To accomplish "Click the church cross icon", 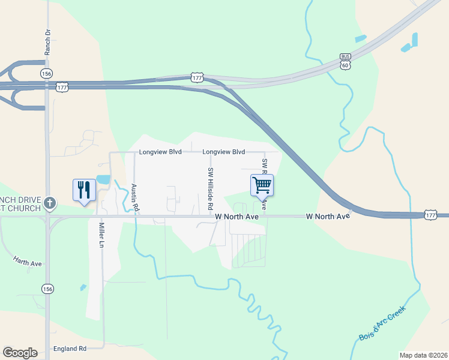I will [x=50, y=204].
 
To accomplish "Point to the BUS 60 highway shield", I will [x=345, y=61].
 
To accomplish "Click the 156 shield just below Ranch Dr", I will [x=46, y=73].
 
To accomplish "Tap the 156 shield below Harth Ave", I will [x=47, y=289].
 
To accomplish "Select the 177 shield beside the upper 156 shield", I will [x=62, y=87].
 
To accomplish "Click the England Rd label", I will [x=70, y=348].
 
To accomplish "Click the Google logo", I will [x=20, y=353].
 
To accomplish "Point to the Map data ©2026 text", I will [x=423, y=355].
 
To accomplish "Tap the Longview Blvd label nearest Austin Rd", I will [x=160, y=152].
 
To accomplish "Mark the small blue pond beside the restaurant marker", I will [x=103, y=179].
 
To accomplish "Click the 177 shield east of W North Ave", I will [x=430, y=214].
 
